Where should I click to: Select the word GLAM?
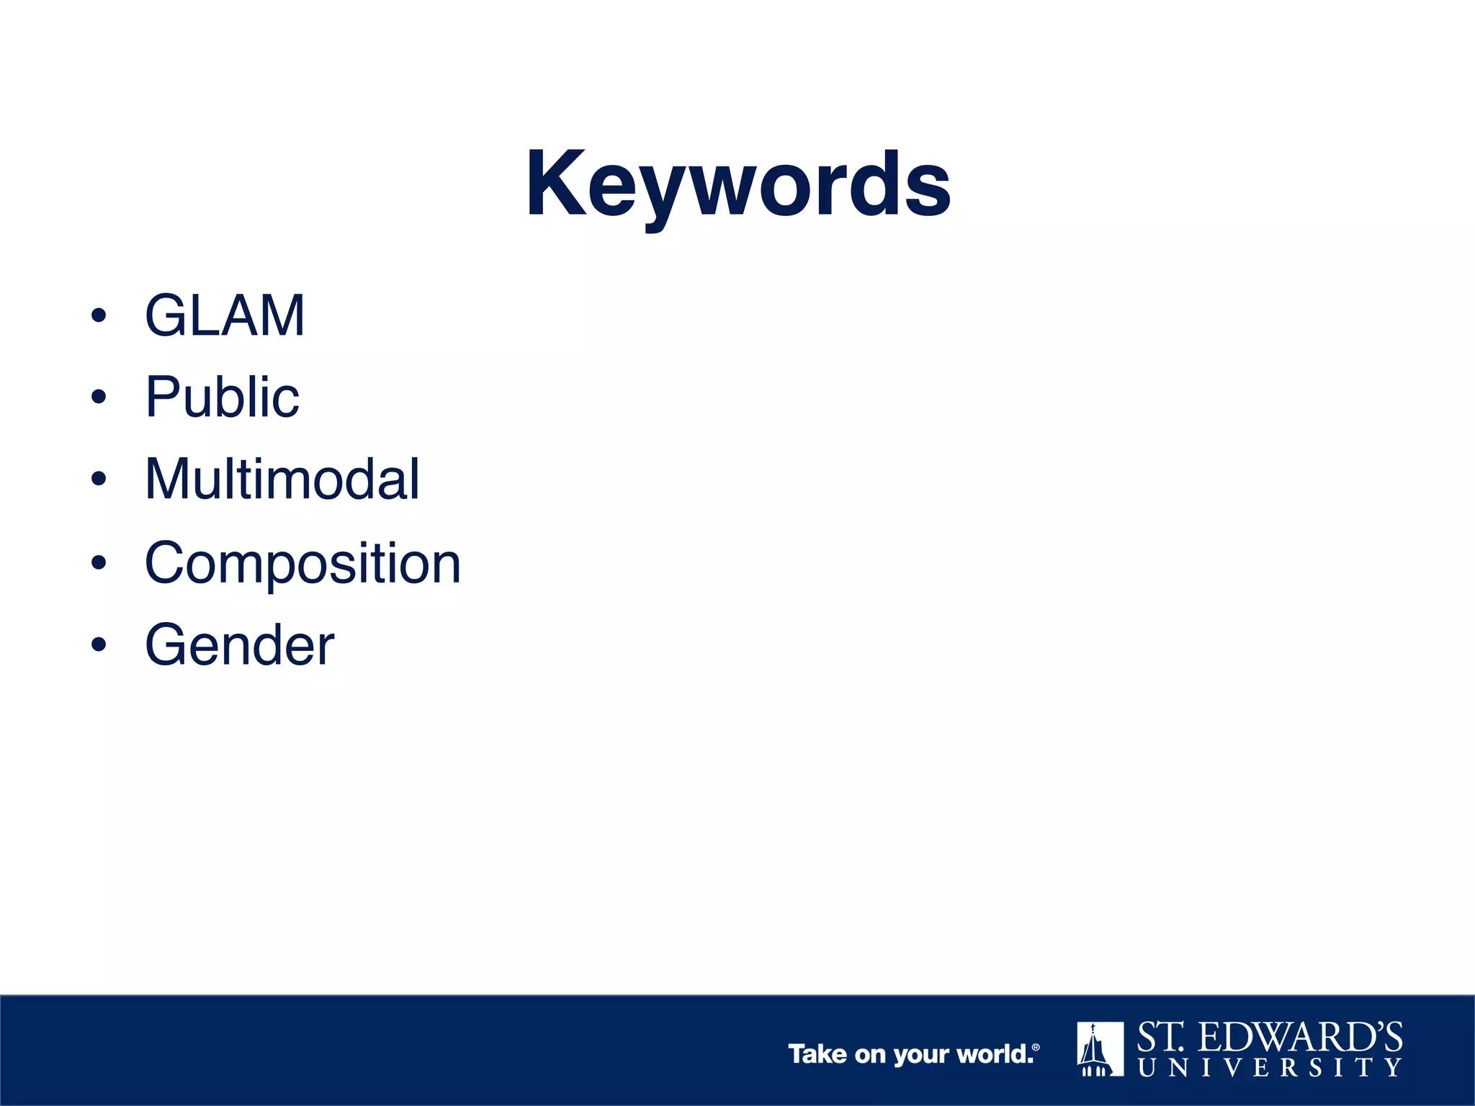click(225, 315)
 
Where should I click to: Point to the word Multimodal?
click(282, 479)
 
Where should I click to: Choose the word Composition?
click(302, 562)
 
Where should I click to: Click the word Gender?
click(239, 644)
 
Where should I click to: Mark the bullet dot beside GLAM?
click(99, 315)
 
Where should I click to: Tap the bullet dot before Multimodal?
click(99, 479)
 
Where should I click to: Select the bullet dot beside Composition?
click(99, 562)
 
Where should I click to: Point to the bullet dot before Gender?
click(99, 644)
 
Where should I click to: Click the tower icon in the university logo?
click(1099, 1048)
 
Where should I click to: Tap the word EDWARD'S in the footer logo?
click(1301, 1038)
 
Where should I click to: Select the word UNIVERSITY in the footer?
click(1270, 1067)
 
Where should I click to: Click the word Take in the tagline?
click(817, 1054)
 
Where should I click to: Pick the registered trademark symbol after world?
click(1036, 1048)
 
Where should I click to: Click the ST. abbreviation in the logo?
click(1160, 1038)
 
